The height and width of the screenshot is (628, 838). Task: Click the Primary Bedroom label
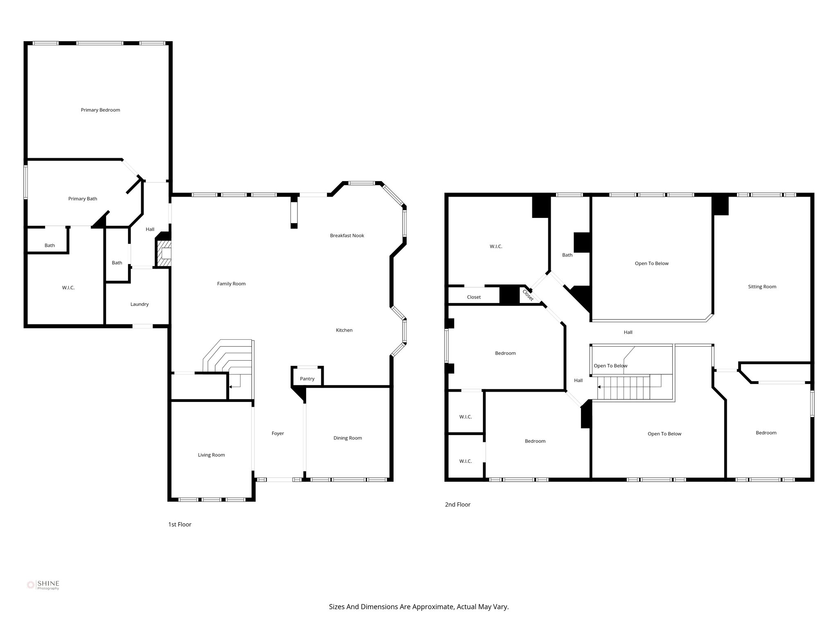click(x=100, y=110)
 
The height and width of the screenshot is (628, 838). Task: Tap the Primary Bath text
click(x=83, y=199)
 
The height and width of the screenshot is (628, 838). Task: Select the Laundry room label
click(x=140, y=304)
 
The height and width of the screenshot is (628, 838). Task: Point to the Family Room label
click(x=231, y=284)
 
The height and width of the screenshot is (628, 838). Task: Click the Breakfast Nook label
click(x=347, y=235)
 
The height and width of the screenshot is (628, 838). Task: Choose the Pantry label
click(x=307, y=379)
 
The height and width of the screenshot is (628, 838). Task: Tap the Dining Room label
click(x=347, y=438)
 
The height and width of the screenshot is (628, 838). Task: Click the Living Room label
click(x=211, y=455)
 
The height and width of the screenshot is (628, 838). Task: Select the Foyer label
click(x=277, y=433)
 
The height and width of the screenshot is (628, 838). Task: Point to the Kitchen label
click(x=344, y=330)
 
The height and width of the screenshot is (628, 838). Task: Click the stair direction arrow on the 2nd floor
click(x=600, y=386)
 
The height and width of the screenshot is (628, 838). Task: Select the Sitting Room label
click(x=762, y=287)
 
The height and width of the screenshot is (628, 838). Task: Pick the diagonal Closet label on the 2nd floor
click(x=528, y=295)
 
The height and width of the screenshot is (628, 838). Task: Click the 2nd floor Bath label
click(x=567, y=255)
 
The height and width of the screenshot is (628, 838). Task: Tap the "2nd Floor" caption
click(x=457, y=505)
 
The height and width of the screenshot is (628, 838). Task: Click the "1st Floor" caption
click(x=180, y=525)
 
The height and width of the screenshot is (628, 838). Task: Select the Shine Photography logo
click(x=43, y=585)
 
